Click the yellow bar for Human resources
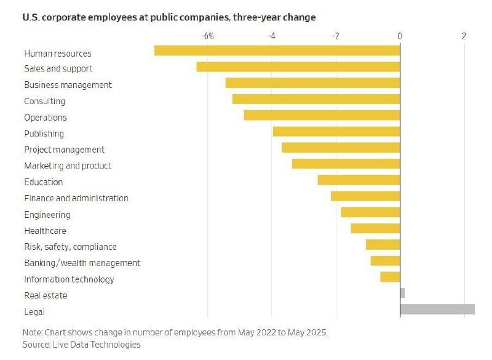click(277, 50)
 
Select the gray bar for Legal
click(437, 309)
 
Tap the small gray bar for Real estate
click(402, 293)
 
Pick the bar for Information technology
click(390, 277)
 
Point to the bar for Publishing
click(336, 131)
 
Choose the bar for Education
click(359, 180)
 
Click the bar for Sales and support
click(298, 66)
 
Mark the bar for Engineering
click(370, 212)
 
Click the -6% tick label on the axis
click(207, 36)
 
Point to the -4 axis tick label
click(271, 36)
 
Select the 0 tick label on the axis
click(400, 36)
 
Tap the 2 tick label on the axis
click(464, 36)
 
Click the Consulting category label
click(44, 101)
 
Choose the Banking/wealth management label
click(82, 263)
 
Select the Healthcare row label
click(45, 231)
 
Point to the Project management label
click(64, 150)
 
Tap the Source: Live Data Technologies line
click(81, 345)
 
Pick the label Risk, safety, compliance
click(70, 247)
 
